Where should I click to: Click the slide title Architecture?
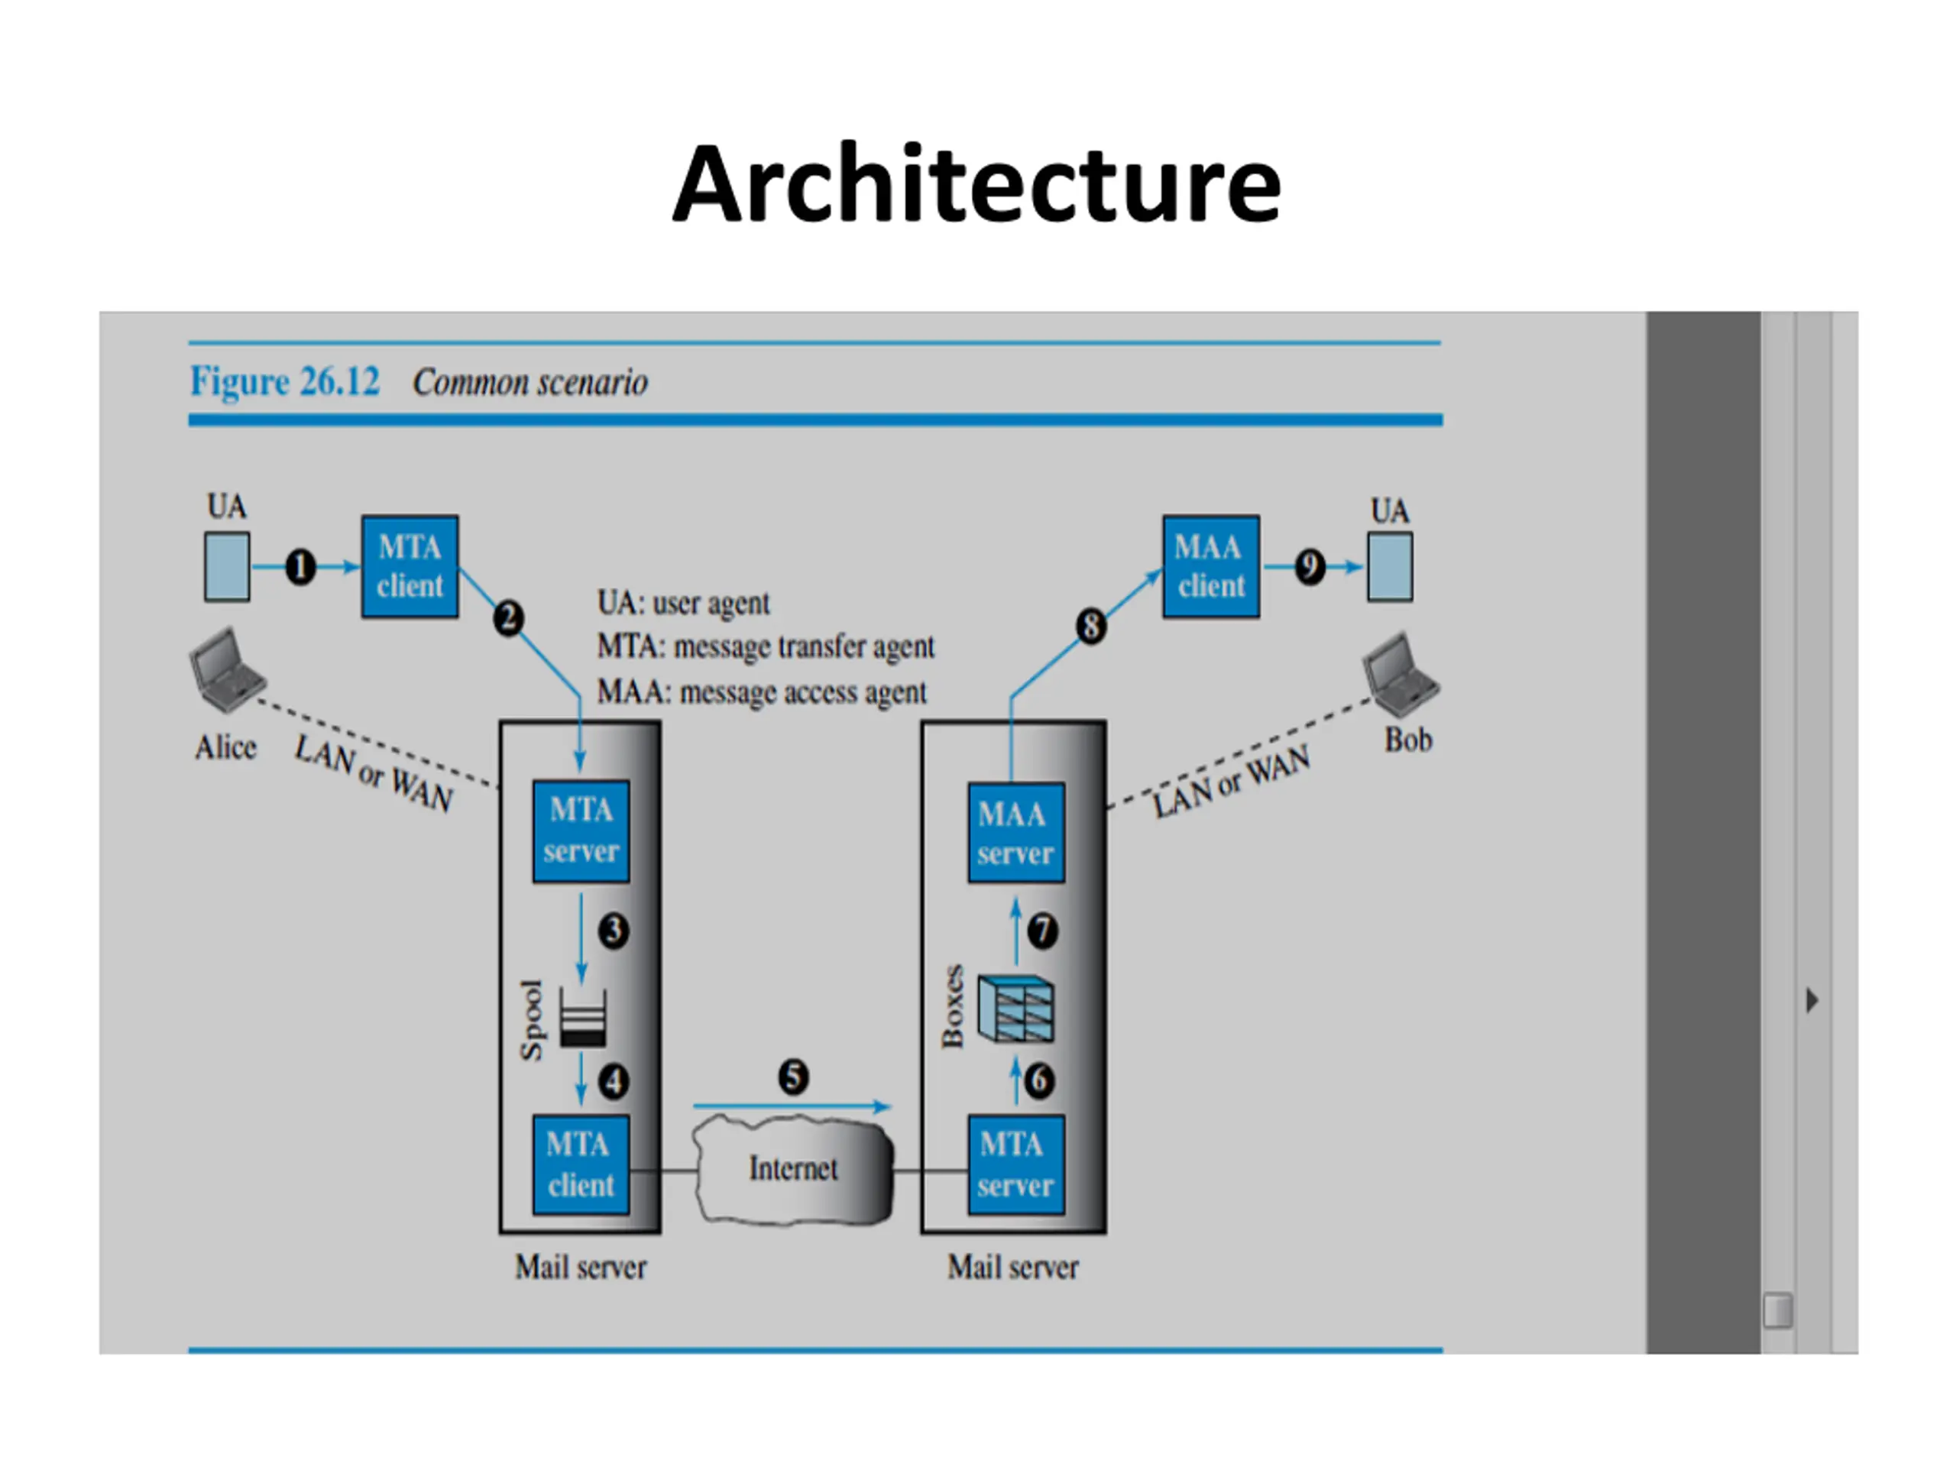(x=976, y=185)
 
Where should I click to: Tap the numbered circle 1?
(x=300, y=567)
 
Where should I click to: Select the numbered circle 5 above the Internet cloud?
(x=793, y=1076)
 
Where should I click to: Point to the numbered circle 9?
(x=1310, y=567)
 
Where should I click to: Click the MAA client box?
(x=1210, y=567)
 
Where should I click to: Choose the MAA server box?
(x=1016, y=832)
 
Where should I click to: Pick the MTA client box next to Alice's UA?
(x=410, y=567)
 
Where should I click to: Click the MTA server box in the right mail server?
(x=1016, y=1164)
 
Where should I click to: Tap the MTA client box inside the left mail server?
(x=581, y=1164)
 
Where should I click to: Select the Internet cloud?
(x=793, y=1168)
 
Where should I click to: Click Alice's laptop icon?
(x=226, y=669)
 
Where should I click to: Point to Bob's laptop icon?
(x=1401, y=674)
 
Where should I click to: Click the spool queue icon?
(x=583, y=1017)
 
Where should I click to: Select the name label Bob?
(x=1407, y=740)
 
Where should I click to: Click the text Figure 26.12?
(x=285, y=382)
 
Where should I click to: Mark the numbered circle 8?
(x=1090, y=626)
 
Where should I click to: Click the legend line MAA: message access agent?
(x=761, y=691)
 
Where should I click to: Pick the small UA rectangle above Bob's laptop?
(x=1389, y=567)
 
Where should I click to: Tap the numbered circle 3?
(x=614, y=931)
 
